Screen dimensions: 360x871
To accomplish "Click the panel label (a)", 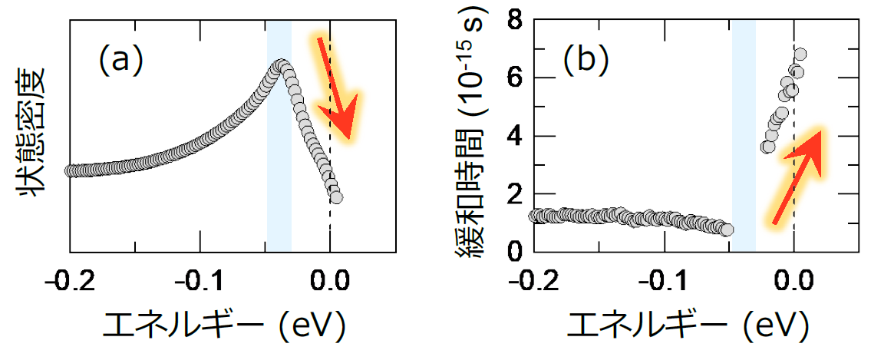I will click(x=121, y=59).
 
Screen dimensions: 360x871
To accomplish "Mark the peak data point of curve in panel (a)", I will click(x=281, y=65).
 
